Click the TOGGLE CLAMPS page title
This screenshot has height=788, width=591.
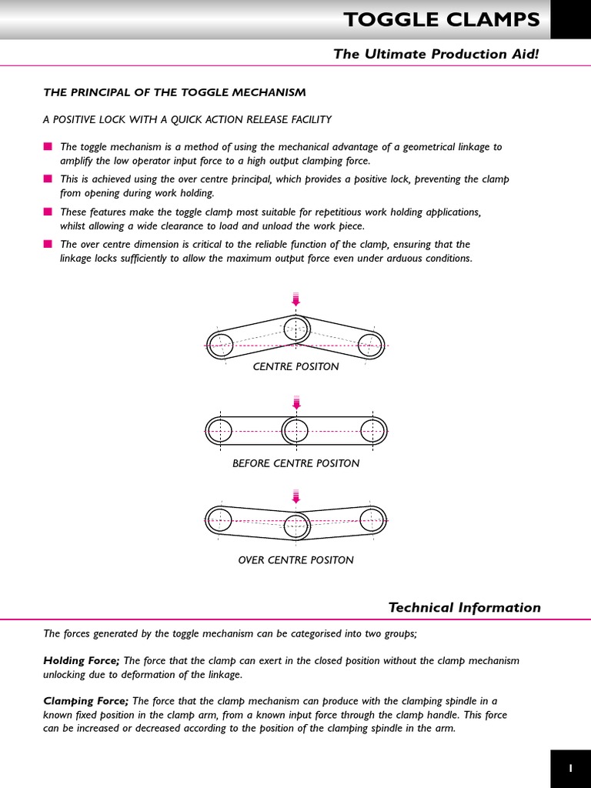(x=442, y=20)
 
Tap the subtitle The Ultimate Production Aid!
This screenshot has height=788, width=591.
(x=436, y=54)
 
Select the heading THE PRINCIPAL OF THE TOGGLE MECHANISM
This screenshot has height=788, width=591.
(x=175, y=92)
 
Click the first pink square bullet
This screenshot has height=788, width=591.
(x=48, y=146)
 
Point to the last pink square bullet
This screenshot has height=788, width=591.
(x=48, y=244)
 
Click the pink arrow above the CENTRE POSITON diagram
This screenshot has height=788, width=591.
(x=296, y=299)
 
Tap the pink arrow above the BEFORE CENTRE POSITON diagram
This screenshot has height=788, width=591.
(x=296, y=402)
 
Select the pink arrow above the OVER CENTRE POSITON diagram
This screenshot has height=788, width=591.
(x=296, y=496)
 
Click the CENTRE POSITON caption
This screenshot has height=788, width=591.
(x=295, y=367)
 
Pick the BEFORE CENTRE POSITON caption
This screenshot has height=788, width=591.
(x=295, y=463)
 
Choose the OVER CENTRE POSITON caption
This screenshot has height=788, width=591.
(x=295, y=560)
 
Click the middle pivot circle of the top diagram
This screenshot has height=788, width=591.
(x=296, y=329)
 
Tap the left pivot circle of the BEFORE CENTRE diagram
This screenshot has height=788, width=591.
(x=219, y=430)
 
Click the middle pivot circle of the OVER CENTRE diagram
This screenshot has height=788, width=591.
(x=296, y=526)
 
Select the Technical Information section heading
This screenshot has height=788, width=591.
(x=464, y=608)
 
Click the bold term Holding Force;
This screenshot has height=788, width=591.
(x=82, y=661)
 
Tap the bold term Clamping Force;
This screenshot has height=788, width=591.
(x=86, y=701)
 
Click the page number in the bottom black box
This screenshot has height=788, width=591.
(x=570, y=768)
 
